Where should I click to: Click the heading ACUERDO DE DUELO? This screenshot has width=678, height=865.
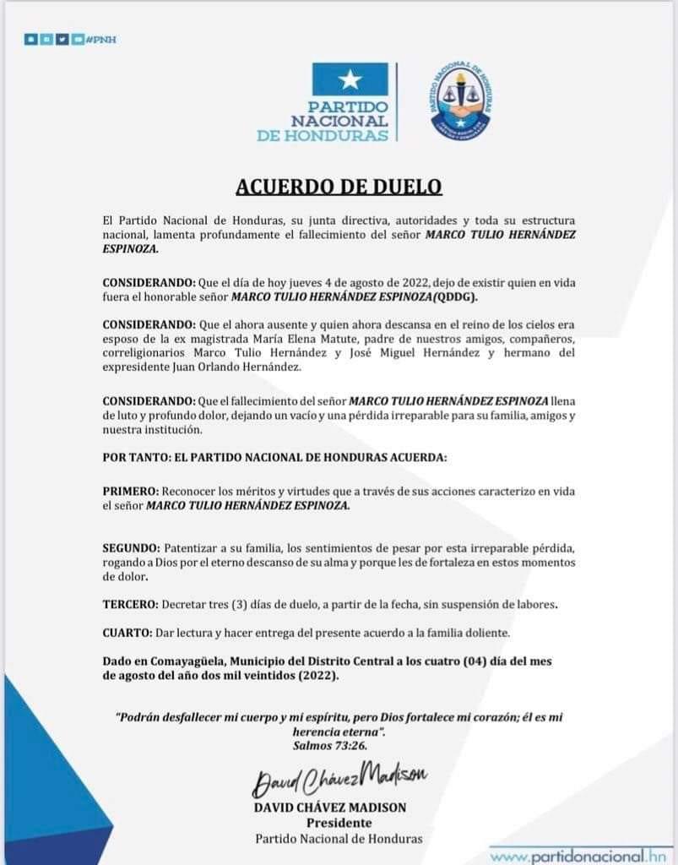pos(338,186)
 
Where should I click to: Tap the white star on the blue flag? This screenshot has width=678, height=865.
pos(350,80)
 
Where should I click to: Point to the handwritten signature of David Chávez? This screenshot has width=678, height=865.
pos(339,778)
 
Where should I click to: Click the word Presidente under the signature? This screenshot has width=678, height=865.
pos(338,823)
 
